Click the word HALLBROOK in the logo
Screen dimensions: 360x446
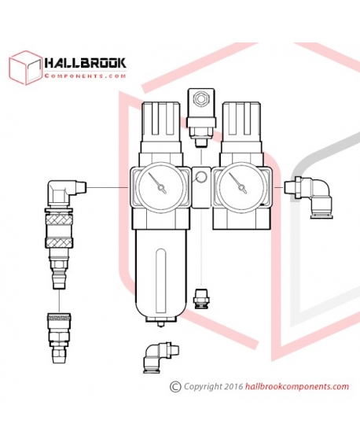tap(86, 63)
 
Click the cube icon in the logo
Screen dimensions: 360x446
tap(25, 68)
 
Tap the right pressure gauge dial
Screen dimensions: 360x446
tap(241, 186)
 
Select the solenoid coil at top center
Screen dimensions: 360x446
tap(200, 108)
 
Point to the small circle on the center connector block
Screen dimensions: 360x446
tap(201, 178)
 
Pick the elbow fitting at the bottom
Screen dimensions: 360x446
tap(160, 357)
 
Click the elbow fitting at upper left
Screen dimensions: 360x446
tap(65, 193)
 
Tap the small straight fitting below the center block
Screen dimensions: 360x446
tap(201, 299)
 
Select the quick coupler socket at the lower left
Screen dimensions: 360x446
tap(59, 337)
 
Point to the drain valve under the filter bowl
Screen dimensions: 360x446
tap(161, 323)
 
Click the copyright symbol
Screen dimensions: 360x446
tap(175, 386)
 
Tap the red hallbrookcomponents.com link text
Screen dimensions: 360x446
tap(296, 387)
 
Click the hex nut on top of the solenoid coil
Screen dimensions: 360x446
tap(200, 99)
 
